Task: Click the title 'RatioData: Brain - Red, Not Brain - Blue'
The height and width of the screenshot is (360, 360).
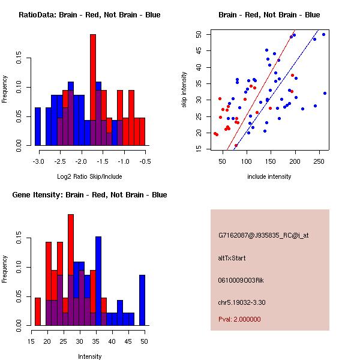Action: (x=89, y=15)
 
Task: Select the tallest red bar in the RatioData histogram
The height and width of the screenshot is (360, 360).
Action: (x=93, y=90)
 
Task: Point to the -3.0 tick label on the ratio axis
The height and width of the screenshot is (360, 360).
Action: (x=39, y=161)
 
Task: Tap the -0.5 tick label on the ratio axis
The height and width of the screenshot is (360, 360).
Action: (x=144, y=161)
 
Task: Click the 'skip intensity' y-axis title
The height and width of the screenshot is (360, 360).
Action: (x=185, y=90)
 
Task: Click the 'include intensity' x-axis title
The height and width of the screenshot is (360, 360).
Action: (x=269, y=176)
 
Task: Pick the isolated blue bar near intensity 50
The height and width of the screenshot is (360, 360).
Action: (x=142, y=300)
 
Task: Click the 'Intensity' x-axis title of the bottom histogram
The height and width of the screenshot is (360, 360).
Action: (x=89, y=356)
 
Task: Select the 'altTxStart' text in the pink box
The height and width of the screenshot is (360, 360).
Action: (x=232, y=258)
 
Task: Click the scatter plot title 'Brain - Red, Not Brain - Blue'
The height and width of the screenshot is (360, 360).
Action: (x=269, y=15)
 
